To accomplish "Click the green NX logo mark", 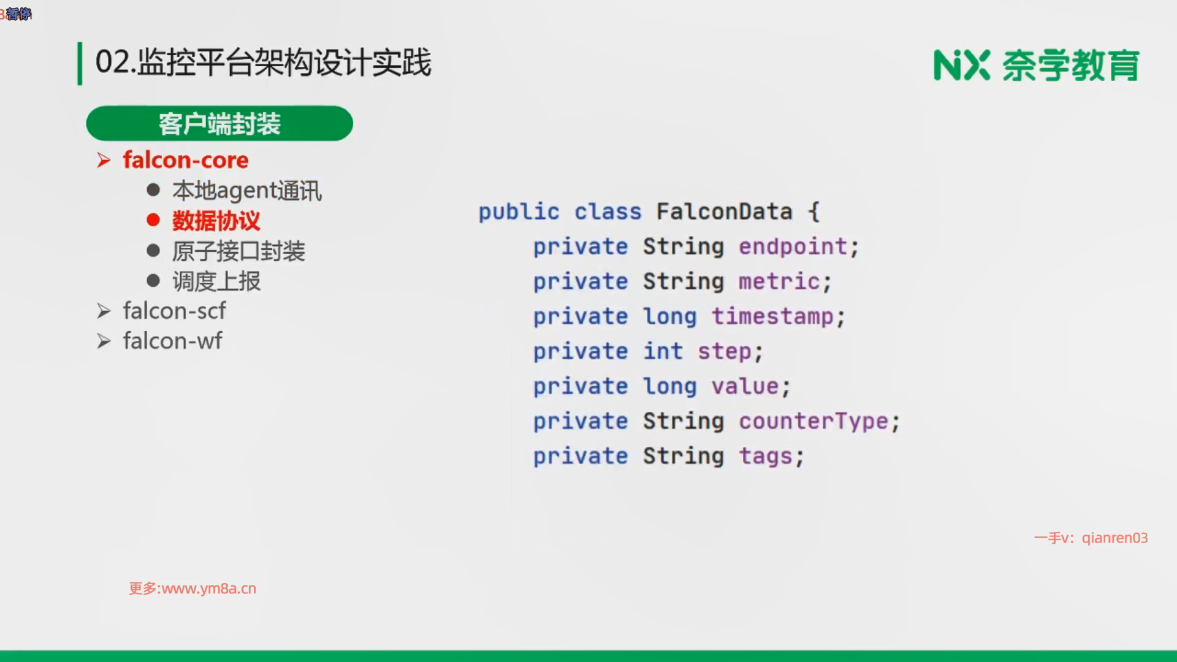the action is [962, 65].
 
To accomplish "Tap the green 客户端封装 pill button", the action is [219, 123].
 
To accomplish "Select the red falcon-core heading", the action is [186, 160].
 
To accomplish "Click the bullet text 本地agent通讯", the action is [247, 191].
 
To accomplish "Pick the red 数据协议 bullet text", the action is [216, 221].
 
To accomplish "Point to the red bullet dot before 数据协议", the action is [153, 220].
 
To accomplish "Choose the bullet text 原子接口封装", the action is [238, 251].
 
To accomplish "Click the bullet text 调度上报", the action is [216, 281].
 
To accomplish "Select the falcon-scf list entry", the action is [174, 311].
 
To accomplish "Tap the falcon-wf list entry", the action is [172, 341].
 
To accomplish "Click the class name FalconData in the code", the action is [724, 211].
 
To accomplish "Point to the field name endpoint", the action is [793, 247].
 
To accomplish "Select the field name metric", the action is [779, 281].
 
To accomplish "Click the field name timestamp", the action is [772, 317].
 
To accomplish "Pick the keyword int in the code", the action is [663, 351].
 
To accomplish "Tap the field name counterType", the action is [813, 422].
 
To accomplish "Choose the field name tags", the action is [766, 457].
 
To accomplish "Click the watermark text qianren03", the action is [1114, 538].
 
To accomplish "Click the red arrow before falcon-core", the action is [104, 161].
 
